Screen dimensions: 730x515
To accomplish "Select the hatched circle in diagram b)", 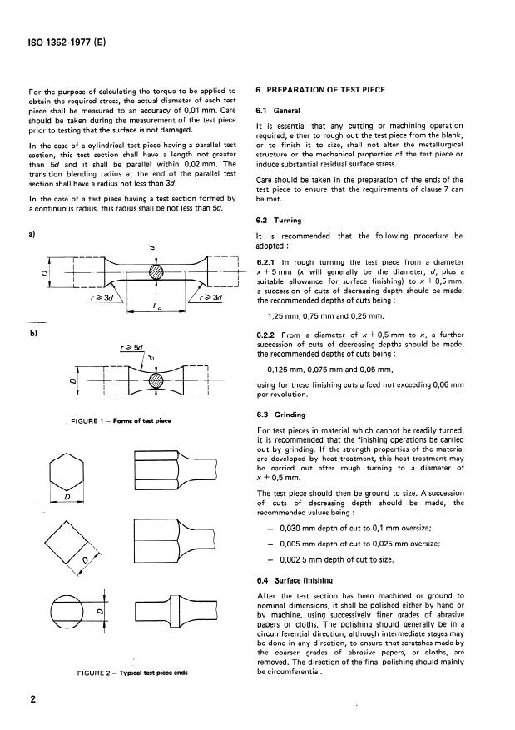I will coord(154,379).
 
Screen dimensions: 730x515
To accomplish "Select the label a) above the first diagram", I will coord(32,236).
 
